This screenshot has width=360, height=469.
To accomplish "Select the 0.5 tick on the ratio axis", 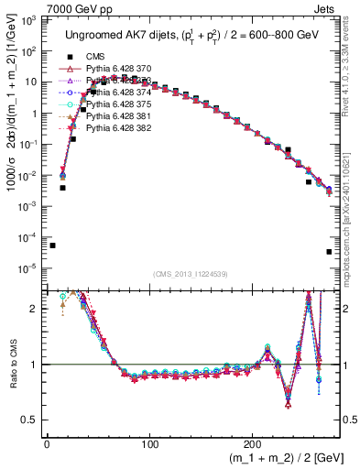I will point(28,420).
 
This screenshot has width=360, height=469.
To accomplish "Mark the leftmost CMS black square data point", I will point(52,245).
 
